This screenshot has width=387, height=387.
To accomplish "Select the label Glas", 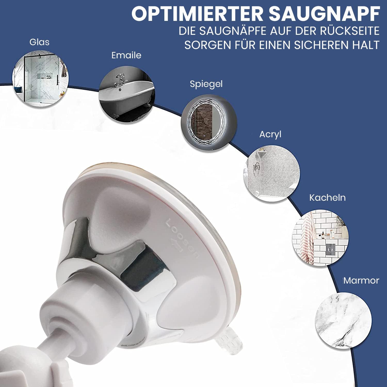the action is pos(39,42).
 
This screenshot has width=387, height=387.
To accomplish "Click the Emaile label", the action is pos(126,55).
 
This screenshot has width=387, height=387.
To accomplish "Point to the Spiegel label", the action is pos(206,84).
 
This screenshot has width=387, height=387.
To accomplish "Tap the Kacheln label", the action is pos(327,198).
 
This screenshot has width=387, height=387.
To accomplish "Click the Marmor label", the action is pos(361,280).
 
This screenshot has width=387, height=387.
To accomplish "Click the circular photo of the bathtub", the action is pos(127,94).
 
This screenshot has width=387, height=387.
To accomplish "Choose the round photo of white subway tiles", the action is pos(320,238).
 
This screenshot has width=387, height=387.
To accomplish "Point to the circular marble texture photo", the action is pos(344,320).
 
